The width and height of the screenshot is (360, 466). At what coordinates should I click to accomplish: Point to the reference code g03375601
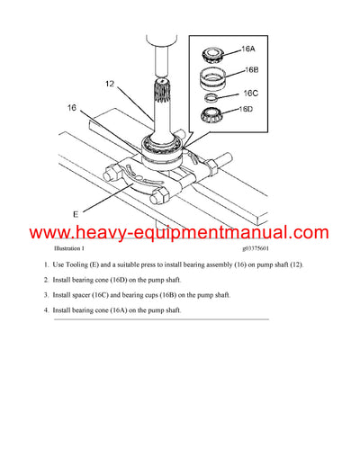(262, 248)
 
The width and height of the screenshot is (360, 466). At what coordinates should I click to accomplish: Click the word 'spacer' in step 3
(89, 295)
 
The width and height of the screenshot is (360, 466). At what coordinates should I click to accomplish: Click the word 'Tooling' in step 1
(86, 264)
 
